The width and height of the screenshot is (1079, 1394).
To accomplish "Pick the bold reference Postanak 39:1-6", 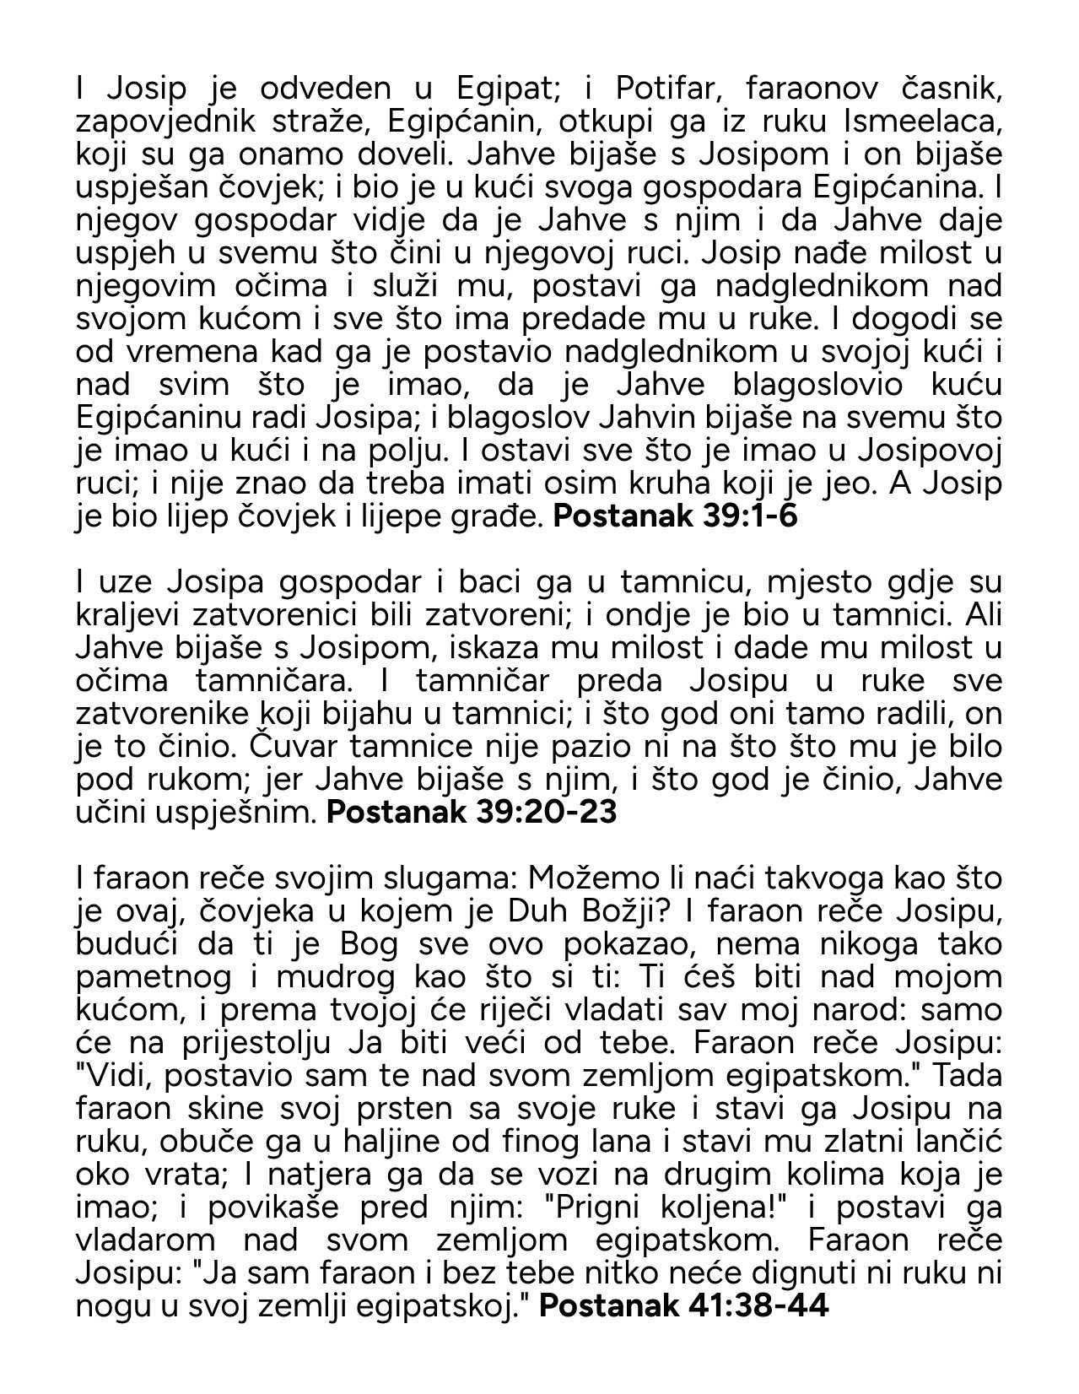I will point(675,517).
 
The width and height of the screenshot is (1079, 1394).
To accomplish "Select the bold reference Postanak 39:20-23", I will point(472,813).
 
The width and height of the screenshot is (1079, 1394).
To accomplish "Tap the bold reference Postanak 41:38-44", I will point(684,1306).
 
